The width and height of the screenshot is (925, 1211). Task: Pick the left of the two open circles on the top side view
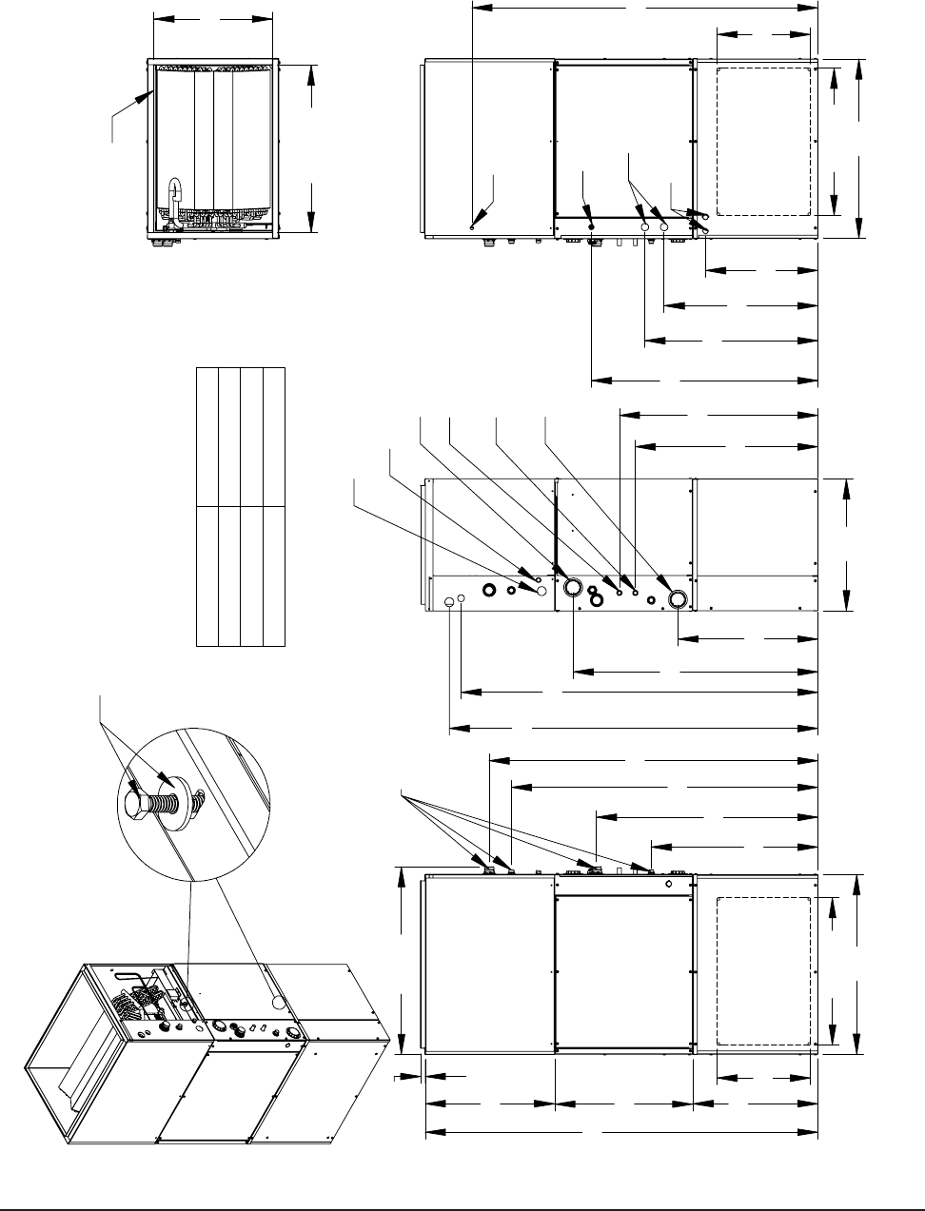[645, 228]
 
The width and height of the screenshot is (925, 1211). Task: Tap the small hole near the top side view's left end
[473, 226]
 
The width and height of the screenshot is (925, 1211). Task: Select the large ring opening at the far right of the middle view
[679, 598]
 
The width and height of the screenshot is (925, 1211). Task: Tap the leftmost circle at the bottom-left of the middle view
[448, 600]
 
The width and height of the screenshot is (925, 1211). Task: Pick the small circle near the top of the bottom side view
[669, 884]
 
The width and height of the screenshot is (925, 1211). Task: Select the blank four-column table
[240, 507]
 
